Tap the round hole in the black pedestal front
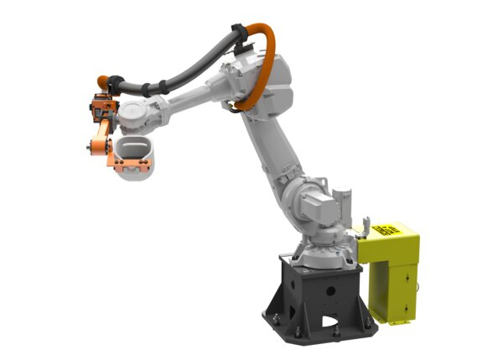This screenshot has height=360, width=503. tap(330, 290)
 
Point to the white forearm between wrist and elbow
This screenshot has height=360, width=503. tap(189, 101)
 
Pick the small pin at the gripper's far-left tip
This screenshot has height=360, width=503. tap(88, 151)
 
